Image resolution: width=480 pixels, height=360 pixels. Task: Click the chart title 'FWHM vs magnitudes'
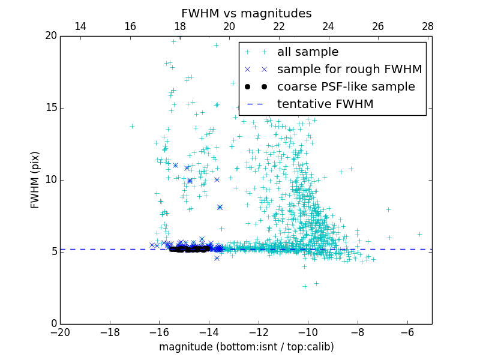[246, 13]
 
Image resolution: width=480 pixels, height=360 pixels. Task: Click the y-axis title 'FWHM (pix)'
[35, 179]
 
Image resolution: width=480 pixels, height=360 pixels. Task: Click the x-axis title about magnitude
[246, 347]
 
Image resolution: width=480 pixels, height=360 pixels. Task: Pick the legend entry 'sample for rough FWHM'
[349, 70]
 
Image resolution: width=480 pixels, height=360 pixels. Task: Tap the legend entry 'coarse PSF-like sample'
[346, 87]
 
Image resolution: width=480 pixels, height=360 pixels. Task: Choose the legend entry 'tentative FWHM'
[325, 104]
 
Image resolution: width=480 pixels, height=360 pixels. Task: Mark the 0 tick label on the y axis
[53, 324]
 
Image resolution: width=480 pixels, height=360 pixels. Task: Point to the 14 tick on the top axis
[80, 26]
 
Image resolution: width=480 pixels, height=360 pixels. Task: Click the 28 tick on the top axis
[428, 26]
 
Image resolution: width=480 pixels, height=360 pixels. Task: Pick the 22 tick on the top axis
[278, 26]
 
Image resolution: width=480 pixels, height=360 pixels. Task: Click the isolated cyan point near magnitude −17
[132, 126]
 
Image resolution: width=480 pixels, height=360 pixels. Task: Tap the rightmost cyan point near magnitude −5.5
[419, 234]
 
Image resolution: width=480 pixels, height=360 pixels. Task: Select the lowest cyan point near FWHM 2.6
[305, 286]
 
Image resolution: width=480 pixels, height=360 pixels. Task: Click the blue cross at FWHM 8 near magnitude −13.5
[220, 207]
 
